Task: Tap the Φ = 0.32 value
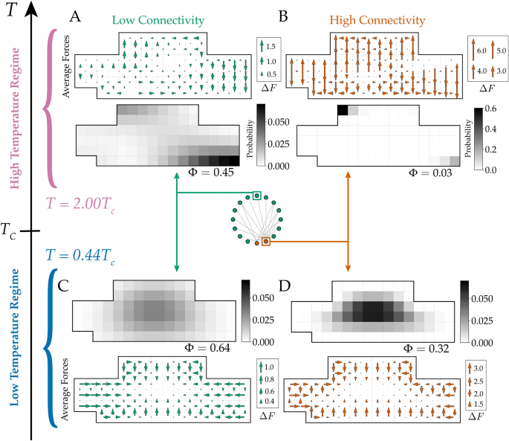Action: coord(432,347)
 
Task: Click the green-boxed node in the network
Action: coord(256,196)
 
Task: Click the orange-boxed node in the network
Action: coord(266,241)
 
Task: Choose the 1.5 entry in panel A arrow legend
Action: coord(270,47)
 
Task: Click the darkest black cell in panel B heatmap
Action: coord(343,111)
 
